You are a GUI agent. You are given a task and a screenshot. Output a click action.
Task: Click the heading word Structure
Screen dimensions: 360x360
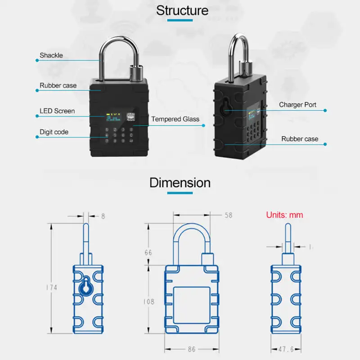click(x=182, y=10)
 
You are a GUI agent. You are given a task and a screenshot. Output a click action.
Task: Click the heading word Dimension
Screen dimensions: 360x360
click(x=180, y=183)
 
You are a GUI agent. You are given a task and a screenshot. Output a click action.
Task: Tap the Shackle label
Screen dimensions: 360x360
click(x=51, y=56)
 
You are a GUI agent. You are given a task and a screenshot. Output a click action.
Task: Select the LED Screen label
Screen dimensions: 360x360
click(x=57, y=111)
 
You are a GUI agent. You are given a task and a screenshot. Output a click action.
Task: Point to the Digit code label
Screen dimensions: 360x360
click(x=54, y=132)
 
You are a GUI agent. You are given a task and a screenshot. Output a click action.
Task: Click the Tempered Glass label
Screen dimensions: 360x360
click(x=175, y=119)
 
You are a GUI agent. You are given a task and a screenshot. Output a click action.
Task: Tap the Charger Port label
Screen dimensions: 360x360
click(x=297, y=105)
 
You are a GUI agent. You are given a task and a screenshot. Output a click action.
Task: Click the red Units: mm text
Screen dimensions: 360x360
click(x=284, y=215)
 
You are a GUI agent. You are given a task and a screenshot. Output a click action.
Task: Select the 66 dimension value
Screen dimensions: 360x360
click(x=148, y=253)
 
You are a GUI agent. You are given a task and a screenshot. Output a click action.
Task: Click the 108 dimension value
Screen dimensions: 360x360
click(x=149, y=301)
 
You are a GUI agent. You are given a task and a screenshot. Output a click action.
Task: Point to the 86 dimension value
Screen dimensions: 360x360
click(x=192, y=349)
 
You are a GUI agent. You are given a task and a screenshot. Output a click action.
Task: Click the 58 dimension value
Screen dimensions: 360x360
click(x=228, y=216)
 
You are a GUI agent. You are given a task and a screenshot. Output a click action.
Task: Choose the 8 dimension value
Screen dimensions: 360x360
click(x=103, y=216)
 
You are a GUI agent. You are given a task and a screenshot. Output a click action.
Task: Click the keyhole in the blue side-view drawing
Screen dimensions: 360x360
click(x=85, y=287)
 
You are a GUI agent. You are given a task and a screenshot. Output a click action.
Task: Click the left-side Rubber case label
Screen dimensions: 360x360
click(x=58, y=85)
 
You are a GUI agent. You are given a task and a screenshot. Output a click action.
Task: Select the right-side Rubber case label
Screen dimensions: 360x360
click(x=300, y=139)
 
